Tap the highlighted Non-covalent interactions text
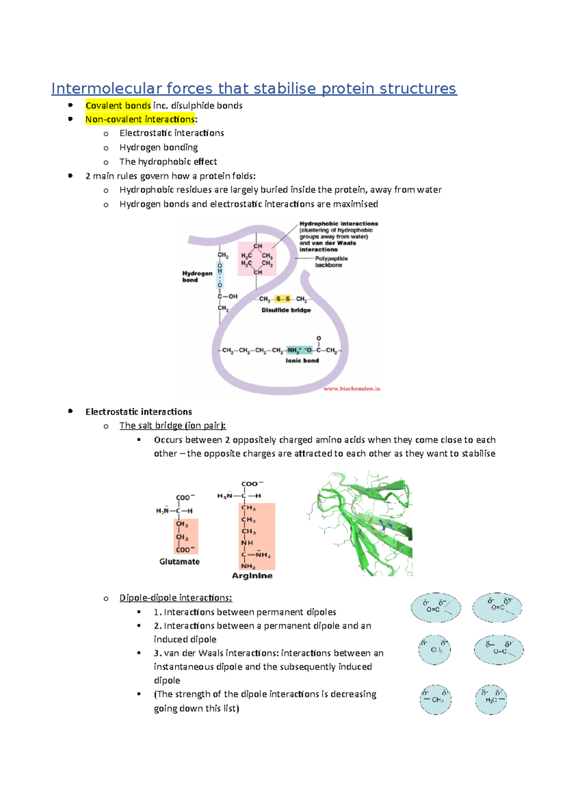click(140, 120)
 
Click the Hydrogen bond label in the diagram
click(197, 276)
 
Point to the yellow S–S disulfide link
click(283, 299)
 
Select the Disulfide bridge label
click(286, 310)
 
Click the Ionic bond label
click(302, 360)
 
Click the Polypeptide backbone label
click(331, 262)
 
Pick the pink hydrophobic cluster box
click(257, 259)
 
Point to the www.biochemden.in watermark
click(351, 389)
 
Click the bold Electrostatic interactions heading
click(138, 412)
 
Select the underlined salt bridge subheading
click(172, 425)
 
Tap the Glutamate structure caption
click(179, 561)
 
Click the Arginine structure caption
click(252, 575)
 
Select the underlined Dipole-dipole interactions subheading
click(176, 598)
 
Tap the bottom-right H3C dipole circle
click(491, 700)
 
